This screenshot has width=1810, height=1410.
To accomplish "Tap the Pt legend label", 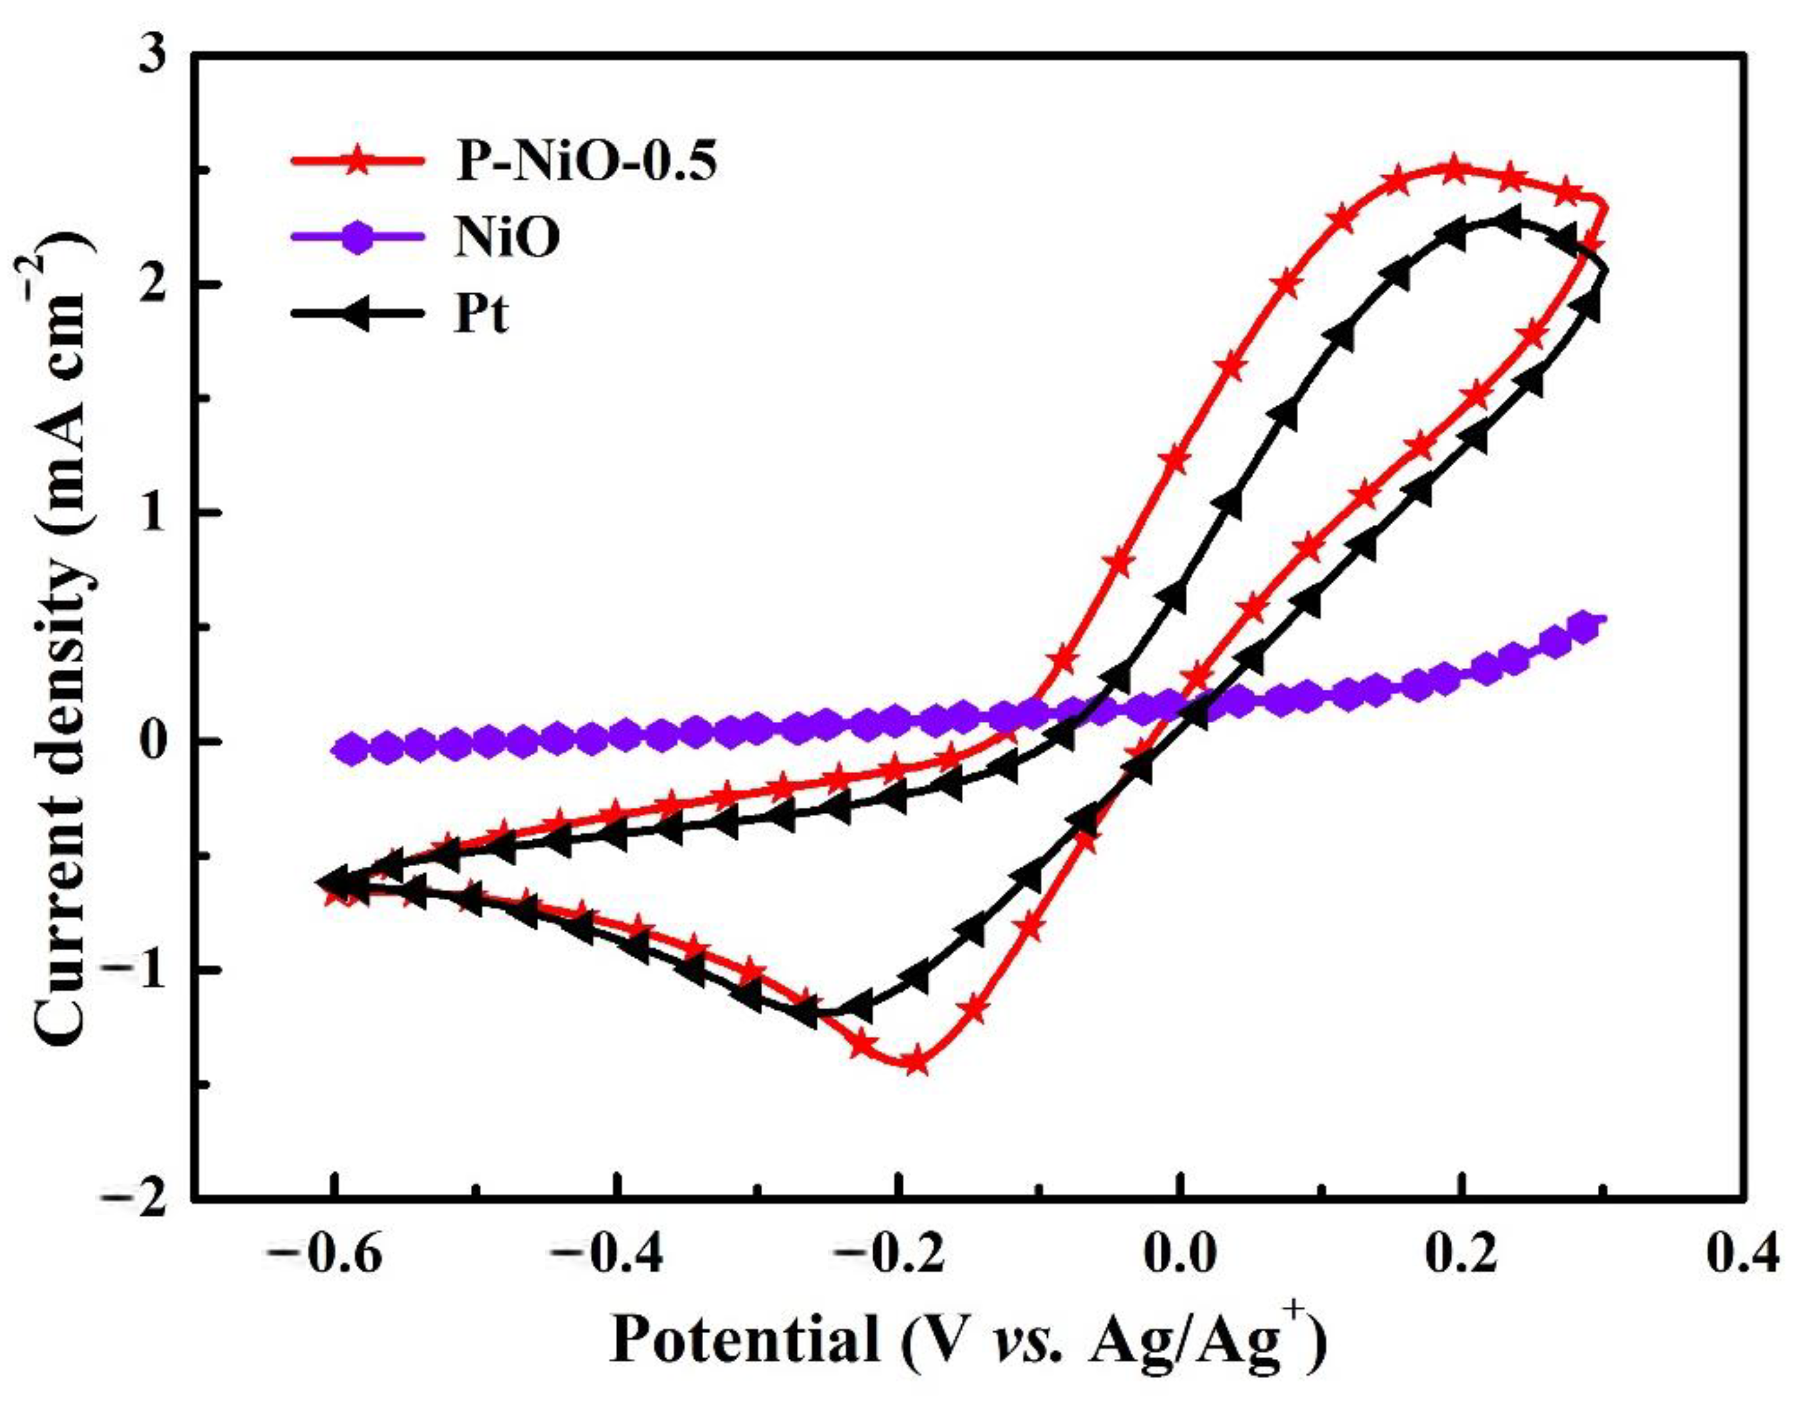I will coord(481,315).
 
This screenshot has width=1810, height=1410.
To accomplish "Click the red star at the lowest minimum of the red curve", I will coord(916,1062).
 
